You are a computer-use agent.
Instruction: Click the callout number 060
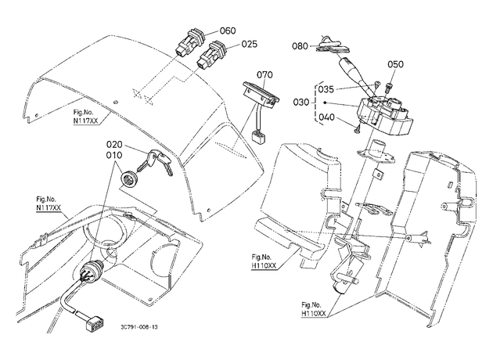(x=228, y=31)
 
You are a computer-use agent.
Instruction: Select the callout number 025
(x=250, y=44)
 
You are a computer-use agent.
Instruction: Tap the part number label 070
(x=264, y=75)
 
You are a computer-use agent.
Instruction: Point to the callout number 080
(x=300, y=46)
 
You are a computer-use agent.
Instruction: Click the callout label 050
(x=395, y=64)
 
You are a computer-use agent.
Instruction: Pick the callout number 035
(x=326, y=89)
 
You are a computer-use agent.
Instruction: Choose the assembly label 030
(x=301, y=103)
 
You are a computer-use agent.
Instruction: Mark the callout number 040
(x=327, y=117)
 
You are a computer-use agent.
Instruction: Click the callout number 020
(x=114, y=145)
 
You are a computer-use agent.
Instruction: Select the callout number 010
(x=114, y=155)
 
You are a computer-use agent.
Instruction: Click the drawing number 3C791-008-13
(x=139, y=327)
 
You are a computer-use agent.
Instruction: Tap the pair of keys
(x=156, y=162)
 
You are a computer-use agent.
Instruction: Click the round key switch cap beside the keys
(x=128, y=179)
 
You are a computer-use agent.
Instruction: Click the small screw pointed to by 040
(x=358, y=128)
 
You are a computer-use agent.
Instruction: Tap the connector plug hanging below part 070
(x=258, y=138)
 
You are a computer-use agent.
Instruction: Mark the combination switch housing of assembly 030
(x=384, y=114)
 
